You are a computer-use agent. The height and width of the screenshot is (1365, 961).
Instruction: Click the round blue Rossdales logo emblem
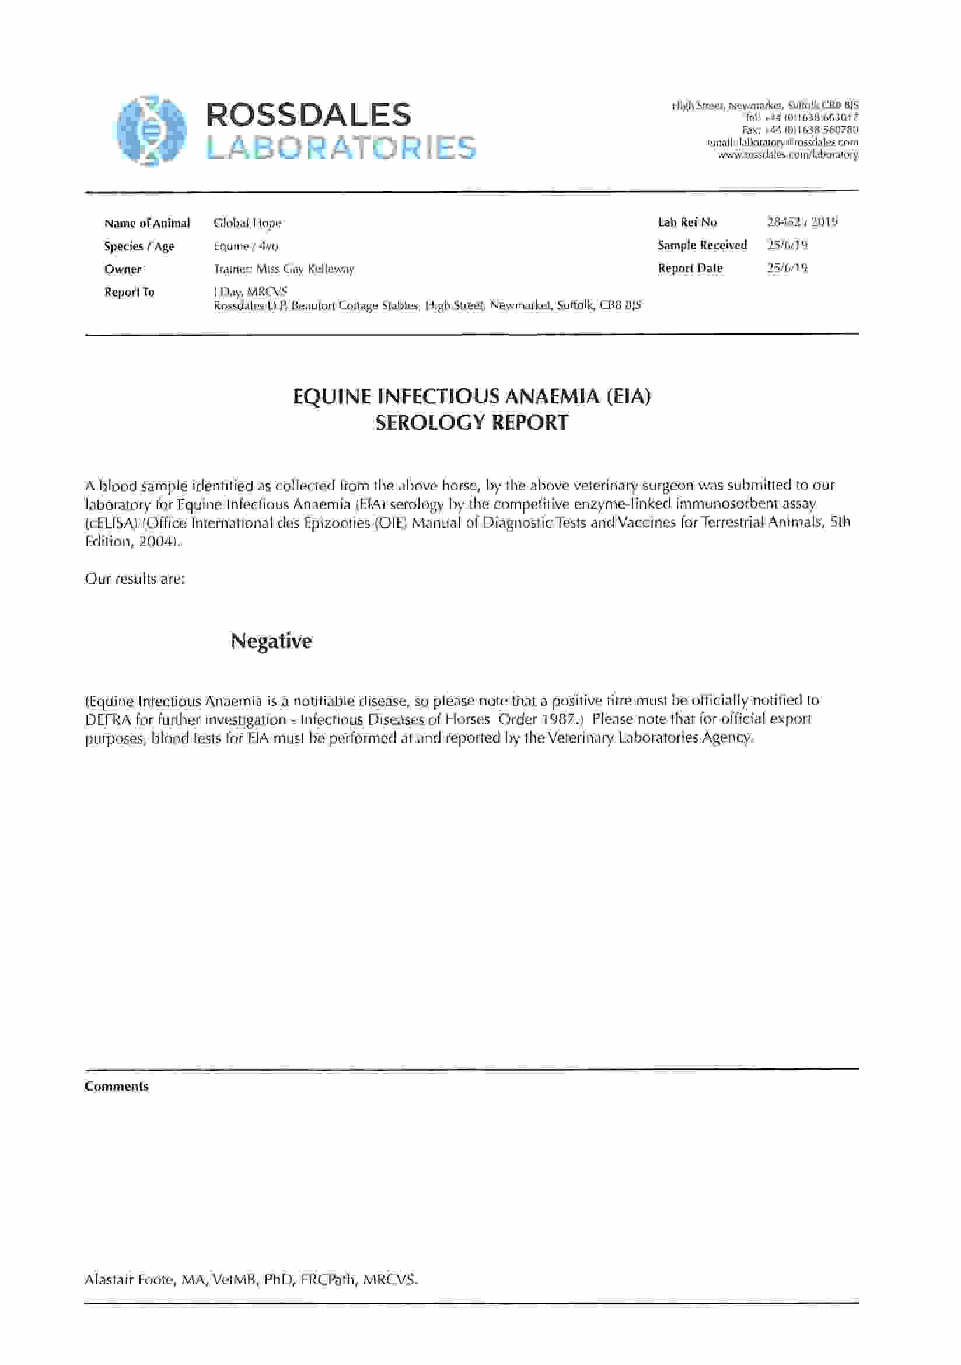pyautogui.click(x=151, y=130)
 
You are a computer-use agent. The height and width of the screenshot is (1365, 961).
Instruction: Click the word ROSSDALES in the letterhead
pyautogui.click(x=308, y=115)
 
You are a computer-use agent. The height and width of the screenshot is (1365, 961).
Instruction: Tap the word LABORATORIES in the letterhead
pyautogui.click(x=341, y=148)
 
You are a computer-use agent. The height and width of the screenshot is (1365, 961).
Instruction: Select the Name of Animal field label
pyautogui.click(x=147, y=224)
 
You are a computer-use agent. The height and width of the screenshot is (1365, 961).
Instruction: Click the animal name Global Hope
pyautogui.click(x=247, y=224)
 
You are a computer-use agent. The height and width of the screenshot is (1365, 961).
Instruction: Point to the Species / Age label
pyautogui.click(x=139, y=247)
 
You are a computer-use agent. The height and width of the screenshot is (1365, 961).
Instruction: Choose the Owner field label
pyautogui.click(x=123, y=269)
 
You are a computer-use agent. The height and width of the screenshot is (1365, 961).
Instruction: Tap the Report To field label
pyautogui.click(x=129, y=292)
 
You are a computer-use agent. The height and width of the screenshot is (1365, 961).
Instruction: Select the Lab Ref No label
pyautogui.click(x=687, y=222)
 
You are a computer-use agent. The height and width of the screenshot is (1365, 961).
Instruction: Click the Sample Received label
pyautogui.click(x=702, y=245)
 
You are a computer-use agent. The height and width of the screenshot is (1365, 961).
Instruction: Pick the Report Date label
pyautogui.click(x=690, y=268)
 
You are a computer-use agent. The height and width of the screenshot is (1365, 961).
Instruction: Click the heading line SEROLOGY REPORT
pyautogui.click(x=471, y=422)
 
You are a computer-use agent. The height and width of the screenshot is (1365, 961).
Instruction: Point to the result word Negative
pyautogui.click(x=271, y=641)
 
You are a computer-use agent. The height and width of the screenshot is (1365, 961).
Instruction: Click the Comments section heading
pyautogui.click(x=117, y=1087)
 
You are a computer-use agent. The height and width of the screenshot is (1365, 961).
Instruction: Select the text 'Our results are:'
pyautogui.click(x=135, y=579)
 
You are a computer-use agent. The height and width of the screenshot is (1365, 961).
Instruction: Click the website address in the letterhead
pyautogui.click(x=788, y=155)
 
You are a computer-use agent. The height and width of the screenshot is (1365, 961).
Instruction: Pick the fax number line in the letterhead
pyautogui.click(x=799, y=130)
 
